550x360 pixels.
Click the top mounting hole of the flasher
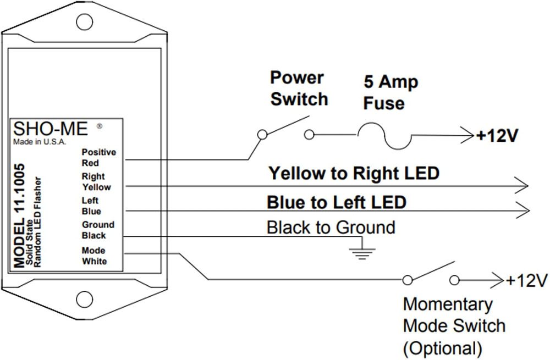click(x=84, y=22)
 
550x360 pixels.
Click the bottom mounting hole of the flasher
click(x=84, y=300)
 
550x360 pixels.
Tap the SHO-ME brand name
click(x=50, y=130)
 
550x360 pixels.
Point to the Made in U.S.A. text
click(x=40, y=142)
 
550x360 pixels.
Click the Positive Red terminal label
click(x=98, y=158)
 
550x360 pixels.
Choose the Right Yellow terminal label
click(x=96, y=182)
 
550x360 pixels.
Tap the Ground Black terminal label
click(x=98, y=230)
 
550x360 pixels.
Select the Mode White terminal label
click(x=94, y=256)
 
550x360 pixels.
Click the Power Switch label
click(x=299, y=88)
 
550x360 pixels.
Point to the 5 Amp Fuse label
click(x=390, y=92)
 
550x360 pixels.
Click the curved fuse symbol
click(x=383, y=136)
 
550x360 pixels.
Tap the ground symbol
click(x=363, y=250)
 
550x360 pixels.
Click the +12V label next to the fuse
click(x=498, y=135)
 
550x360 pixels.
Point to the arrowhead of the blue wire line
click(x=522, y=210)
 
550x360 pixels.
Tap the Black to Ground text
click(x=331, y=227)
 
